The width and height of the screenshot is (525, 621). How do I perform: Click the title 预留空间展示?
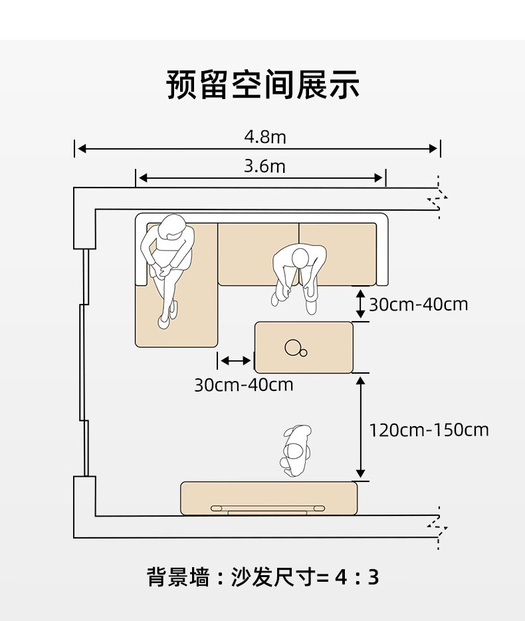[x=262, y=85]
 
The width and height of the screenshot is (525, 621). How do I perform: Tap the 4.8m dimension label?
[x=264, y=137]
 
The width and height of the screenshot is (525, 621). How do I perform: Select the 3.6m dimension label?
[x=264, y=166]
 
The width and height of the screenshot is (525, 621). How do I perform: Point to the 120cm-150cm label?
[x=429, y=430]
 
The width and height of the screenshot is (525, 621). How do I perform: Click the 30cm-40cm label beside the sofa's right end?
[x=418, y=305]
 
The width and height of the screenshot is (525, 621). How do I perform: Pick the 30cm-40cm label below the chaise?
[x=243, y=384]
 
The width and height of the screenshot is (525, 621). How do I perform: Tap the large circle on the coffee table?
[x=292, y=346]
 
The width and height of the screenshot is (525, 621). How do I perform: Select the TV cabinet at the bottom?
[x=268, y=498]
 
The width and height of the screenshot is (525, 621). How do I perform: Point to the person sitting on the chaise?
[x=167, y=263]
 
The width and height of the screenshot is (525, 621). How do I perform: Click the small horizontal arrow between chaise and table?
[x=236, y=360]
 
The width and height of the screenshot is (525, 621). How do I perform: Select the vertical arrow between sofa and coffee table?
[x=360, y=303]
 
